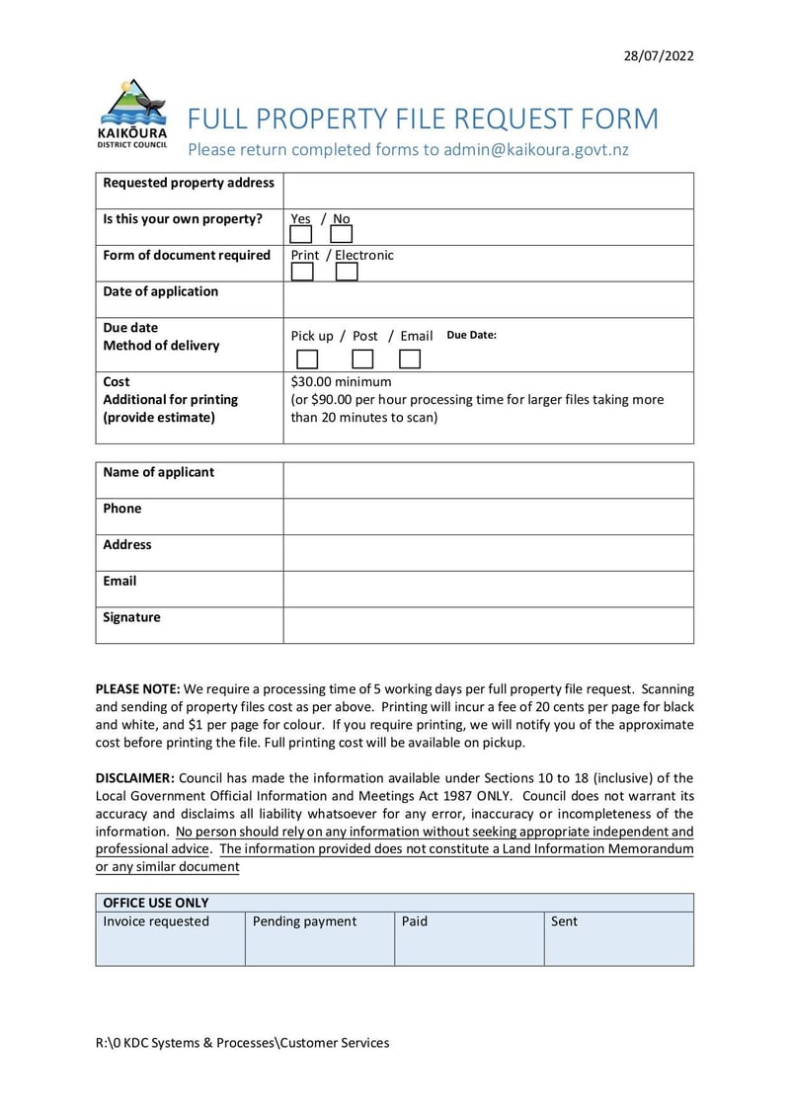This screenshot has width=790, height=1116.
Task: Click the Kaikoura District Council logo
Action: tap(132, 114)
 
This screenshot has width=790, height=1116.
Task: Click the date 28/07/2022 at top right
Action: tap(659, 55)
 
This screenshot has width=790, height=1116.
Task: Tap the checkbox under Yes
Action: tap(301, 235)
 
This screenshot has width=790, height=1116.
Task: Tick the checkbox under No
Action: tap(341, 235)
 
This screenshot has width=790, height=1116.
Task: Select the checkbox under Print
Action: tap(302, 272)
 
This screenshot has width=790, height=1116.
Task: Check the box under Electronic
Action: tap(347, 272)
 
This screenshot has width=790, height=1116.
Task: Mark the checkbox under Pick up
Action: tap(308, 359)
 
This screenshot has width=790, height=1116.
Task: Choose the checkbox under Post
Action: tap(362, 359)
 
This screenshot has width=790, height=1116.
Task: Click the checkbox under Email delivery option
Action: tap(410, 359)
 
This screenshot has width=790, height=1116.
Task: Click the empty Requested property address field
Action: tap(488, 191)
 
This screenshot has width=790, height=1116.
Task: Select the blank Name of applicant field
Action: tap(488, 480)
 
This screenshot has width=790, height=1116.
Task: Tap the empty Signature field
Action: tap(488, 625)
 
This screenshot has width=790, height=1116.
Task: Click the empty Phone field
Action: tap(488, 517)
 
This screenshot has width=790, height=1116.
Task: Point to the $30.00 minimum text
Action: tap(341, 382)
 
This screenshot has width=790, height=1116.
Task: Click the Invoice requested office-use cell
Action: tap(170, 937)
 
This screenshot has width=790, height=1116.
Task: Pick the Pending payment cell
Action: tap(319, 937)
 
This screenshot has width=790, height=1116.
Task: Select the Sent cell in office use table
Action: tap(618, 937)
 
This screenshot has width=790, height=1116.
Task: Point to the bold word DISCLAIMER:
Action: tap(134, 778)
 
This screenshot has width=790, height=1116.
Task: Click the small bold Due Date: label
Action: tap(471, 335)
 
